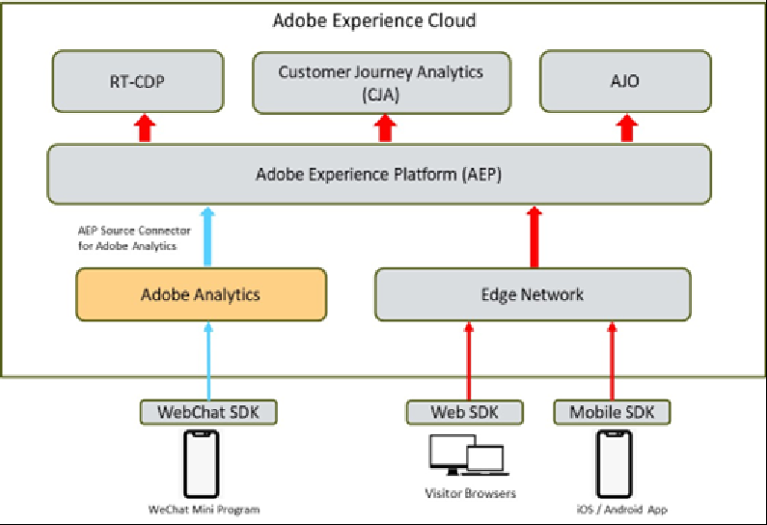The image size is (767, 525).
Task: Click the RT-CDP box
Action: [138, 81]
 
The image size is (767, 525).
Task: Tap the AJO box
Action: [625, 81]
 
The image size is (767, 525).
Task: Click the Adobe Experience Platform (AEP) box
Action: [379, 175]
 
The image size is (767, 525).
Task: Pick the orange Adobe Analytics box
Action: [201, 294]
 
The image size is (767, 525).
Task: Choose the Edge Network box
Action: [533, 294]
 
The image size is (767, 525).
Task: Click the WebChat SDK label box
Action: [207, 412]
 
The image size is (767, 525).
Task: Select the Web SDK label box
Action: [466, 412]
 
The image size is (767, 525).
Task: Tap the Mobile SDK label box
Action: [612, 412]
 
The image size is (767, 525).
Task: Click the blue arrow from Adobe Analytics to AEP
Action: [207, 235]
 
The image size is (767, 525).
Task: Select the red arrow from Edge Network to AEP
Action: [532, 235]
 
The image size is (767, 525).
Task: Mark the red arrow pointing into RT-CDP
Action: [145, 127]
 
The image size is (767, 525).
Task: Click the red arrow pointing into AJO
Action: [628, 127]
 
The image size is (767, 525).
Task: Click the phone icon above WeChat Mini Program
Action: [201, 463]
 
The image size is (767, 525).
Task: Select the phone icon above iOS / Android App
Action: [613, 463]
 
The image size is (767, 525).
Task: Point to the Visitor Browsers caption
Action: [471, 494]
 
